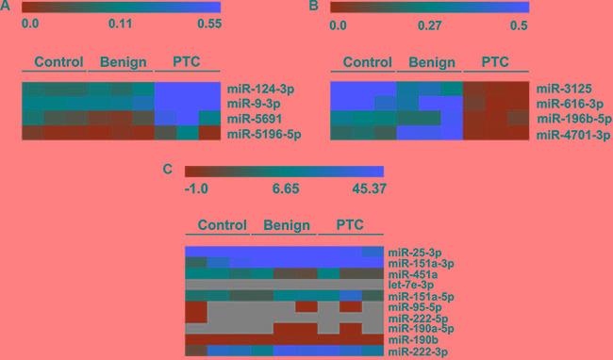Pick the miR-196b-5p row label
568,118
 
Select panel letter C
167,171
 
